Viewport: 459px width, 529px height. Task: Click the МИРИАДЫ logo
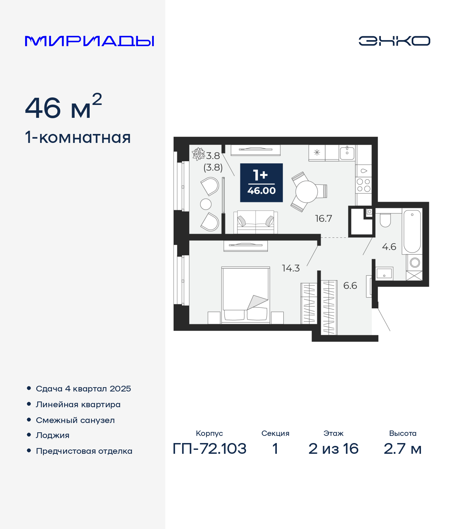89,41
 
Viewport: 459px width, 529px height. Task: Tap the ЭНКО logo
394,41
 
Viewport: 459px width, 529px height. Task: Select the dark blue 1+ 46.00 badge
261,183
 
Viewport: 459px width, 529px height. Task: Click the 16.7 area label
323,218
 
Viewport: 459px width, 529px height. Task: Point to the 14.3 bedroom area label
290,268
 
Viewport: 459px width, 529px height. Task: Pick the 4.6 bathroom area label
389,247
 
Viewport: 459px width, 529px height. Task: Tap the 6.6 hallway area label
350,285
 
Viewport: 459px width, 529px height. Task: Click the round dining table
307,192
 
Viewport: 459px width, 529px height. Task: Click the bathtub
412,231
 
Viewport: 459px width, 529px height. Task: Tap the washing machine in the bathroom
415,263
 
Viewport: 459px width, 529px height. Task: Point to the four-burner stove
363,185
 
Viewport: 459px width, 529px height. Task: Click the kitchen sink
347,153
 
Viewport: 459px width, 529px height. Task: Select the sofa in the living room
256,222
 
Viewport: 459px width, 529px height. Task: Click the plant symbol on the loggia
198,154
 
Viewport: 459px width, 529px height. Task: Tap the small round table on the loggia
206,204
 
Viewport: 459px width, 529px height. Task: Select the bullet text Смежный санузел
75,420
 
